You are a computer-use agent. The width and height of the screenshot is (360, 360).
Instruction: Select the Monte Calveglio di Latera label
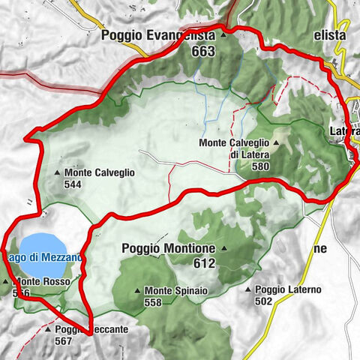pyautogui.click(x=235, y=148)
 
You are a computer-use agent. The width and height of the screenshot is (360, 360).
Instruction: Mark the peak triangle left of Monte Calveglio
pyautogui.click(x=58, y=173)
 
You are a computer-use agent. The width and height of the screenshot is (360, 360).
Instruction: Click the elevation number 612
pyautogui.click(x=203, y=263)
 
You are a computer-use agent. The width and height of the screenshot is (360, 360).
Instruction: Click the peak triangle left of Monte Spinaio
pyautogui.click(x=136, y=291)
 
